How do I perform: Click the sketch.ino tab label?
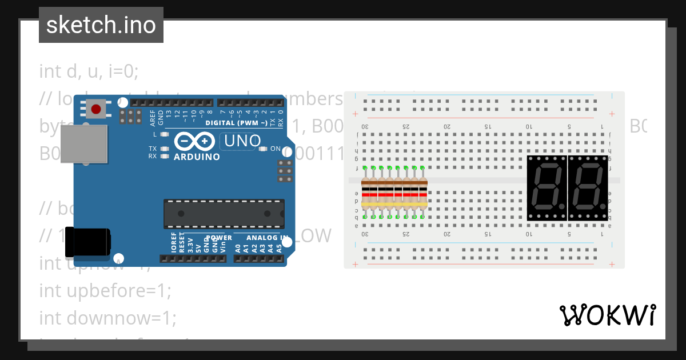(101, 25)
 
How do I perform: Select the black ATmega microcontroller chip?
(224, 214)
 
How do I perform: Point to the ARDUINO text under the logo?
(197, 157)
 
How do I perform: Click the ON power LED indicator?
(263, 149)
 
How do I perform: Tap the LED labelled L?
(165, 134)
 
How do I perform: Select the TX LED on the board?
(165, 149)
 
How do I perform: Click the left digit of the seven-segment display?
(547, 187)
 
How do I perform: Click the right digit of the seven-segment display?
(588, 187)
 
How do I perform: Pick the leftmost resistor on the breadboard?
(366, 192)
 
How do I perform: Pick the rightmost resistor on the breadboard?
(423, 192)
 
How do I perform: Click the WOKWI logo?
(607, 315)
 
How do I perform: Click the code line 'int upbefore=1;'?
(105, 290)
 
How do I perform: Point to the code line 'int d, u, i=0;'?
(89, 71)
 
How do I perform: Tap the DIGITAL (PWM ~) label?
(236, 123)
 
